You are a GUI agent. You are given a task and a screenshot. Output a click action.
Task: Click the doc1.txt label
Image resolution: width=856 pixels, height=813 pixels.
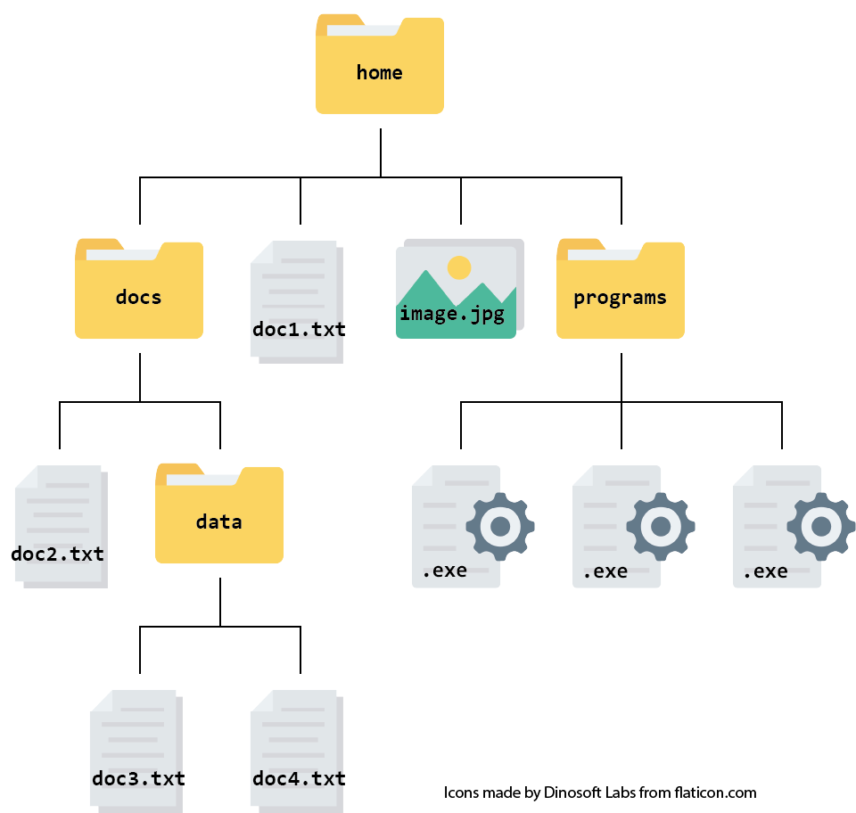299,330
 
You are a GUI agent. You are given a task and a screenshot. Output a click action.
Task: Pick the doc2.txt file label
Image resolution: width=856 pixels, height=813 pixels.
57,554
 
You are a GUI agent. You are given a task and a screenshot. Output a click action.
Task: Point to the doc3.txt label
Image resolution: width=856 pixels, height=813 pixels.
138,778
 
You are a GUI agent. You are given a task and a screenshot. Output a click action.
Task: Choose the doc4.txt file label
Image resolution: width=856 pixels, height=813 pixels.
299,778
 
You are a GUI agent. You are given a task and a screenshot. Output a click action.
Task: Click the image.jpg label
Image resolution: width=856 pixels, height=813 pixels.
452,314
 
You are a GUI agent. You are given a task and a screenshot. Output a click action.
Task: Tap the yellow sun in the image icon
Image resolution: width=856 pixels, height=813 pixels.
459,267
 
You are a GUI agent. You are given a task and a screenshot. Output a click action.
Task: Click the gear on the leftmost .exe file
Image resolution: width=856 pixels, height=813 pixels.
500,526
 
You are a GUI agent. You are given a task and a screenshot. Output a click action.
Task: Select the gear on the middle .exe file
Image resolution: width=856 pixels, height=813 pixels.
661,526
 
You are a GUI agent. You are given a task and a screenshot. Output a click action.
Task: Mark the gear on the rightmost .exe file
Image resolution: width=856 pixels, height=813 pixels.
821,526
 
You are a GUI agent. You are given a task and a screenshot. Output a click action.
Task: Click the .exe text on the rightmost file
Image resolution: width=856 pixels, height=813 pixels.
765,571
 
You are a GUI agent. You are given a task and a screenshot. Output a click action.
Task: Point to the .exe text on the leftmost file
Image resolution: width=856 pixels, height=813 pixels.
444,571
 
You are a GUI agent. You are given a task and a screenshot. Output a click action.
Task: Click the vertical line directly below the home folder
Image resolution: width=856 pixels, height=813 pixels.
381,152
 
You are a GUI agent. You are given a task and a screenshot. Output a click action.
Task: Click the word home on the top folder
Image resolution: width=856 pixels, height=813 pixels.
379,72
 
